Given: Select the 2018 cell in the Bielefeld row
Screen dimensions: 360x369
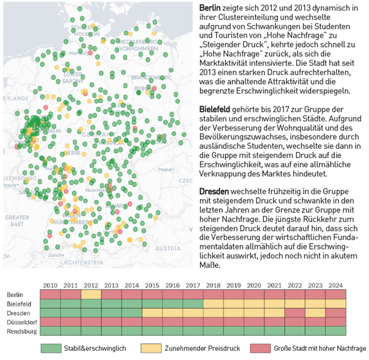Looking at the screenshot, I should click(213, 304).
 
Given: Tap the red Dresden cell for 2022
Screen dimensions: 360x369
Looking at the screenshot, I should click(295, 313).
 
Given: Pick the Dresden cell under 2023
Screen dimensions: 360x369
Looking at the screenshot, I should click(315, 313).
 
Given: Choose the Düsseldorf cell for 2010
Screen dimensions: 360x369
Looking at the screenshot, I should click(50, 322).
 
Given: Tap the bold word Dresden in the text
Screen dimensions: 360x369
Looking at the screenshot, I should click(214, 191).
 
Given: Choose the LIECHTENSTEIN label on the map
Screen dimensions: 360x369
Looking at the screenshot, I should click(85, 262).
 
